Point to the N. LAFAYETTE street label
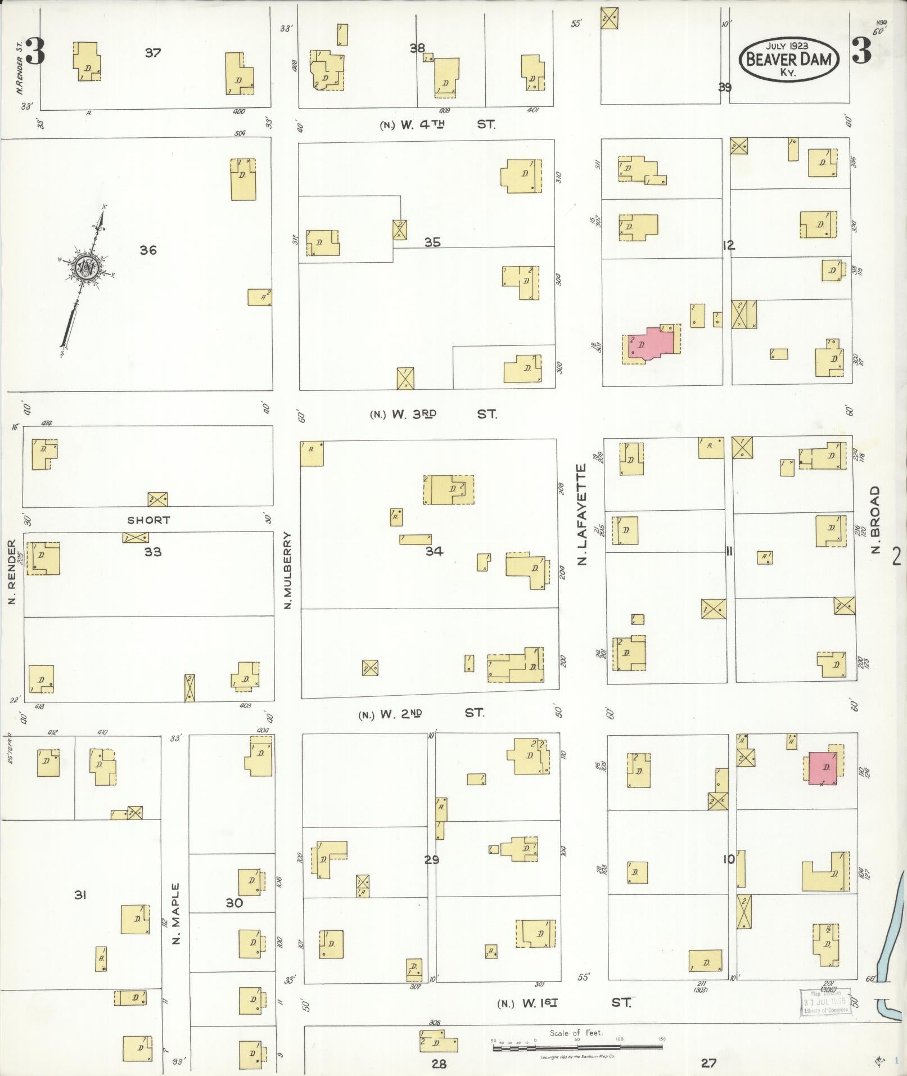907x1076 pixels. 582,515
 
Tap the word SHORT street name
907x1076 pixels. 148,520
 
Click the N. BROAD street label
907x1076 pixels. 874,520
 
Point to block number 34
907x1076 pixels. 434,551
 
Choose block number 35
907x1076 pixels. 432,242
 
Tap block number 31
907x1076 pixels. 80,894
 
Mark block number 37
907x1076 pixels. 152,53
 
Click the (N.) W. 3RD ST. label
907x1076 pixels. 433,414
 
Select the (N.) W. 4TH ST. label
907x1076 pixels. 437,124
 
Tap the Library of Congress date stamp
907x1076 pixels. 824,1001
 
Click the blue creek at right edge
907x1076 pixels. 893,928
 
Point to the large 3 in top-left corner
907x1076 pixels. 34,54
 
